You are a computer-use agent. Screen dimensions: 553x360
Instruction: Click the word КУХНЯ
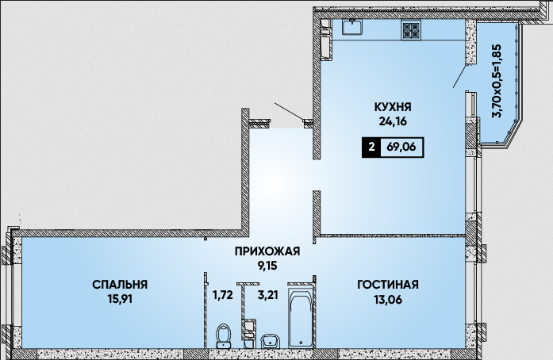coord(393,106)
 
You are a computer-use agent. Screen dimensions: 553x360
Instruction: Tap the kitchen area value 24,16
coord(393,121)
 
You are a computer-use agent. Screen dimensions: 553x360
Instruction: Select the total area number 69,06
coord(401,147)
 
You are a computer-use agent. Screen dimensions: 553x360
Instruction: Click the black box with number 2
coord(371,147)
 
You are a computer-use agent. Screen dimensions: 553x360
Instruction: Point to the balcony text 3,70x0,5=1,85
coord(497,81)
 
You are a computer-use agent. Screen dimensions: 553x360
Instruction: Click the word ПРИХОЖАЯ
coord(267,251)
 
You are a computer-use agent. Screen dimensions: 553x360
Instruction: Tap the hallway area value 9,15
coord(267,266)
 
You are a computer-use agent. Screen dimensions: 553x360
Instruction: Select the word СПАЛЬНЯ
coord(120,285)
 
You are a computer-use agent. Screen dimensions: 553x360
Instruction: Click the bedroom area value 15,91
coord(120,300)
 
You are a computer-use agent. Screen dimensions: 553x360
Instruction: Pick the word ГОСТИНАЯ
coord(388,285)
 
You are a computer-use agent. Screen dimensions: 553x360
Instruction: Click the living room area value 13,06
coord(388,300)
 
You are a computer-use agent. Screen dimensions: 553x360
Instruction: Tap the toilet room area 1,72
coord(222,294)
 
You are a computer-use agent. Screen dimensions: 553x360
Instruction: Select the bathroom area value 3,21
coord(268,294)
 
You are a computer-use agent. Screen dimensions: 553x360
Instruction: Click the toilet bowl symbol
coord(223,335)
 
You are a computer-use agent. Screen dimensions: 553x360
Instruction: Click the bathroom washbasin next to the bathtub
coord(270,341)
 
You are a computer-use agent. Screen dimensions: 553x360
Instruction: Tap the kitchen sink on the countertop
coord(351,27)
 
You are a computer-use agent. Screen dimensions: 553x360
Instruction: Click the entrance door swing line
coord(290,112)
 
